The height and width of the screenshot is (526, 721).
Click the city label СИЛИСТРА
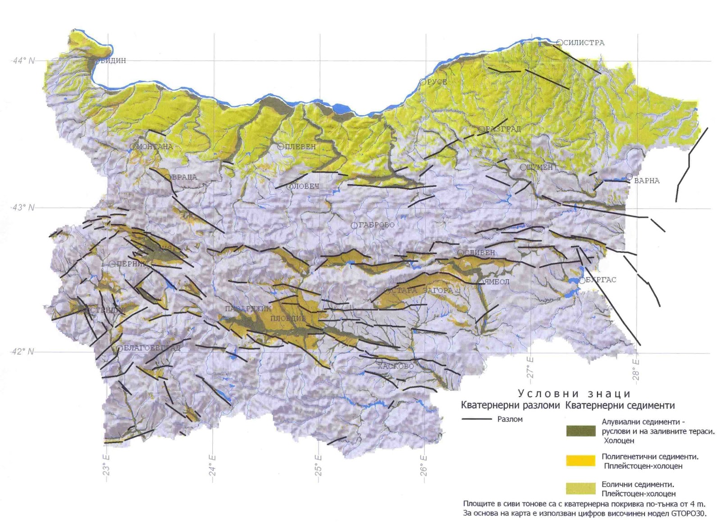pyautogui.click(x=584, y=43)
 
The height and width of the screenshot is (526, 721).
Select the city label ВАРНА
pyautogui.click(x=647, y=180)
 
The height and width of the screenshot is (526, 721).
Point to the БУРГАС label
pyautogui.click(x=601, y=280)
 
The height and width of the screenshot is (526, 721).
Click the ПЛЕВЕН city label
pyautogui.click(x=300, y=147)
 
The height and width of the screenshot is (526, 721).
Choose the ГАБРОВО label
pyautogui.click(x=376, y=225)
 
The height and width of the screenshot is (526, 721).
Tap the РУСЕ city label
pyautogui.click(x=437, y=82)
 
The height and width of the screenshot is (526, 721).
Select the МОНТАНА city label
pyautogui.click(x=154, y=147)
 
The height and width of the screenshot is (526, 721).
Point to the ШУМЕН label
pyautogui.click(x=539, y=167)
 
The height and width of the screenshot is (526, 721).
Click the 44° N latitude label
pyautogui.click(x=23, y=60)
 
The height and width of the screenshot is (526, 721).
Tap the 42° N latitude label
pyautogui.click(x=23, y=351)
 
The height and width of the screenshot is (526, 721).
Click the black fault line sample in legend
pyautogui.click(x=477, y=419)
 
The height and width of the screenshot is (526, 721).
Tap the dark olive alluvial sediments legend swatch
pyautogui.click(x=580, y=431)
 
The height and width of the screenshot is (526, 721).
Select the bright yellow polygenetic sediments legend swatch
pyautogui.click(x=580, y=461)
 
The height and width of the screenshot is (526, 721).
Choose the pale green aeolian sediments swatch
pyautogui.click(x=580, y=489)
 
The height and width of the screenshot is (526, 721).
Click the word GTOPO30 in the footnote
pyautogui.click(x=688, y=513)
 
